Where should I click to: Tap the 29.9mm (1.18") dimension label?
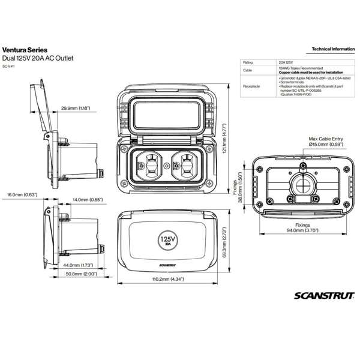[x=75, y=109]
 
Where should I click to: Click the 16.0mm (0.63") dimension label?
[x=22, y=195]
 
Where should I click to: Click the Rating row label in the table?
[x=247, y=62]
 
